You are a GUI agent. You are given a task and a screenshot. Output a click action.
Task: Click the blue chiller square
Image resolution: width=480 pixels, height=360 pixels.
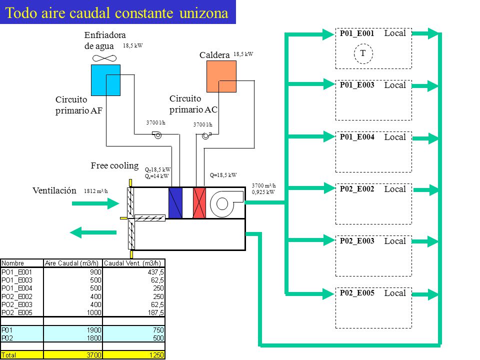[105, 80]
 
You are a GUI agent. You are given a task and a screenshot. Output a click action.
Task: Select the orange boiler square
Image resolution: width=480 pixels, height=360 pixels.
[221, 76]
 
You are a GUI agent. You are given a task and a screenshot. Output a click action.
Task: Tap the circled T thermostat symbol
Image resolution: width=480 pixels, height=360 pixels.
[363, 53]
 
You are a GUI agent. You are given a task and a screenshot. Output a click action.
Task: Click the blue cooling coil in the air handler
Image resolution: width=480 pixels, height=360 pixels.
[175, 203]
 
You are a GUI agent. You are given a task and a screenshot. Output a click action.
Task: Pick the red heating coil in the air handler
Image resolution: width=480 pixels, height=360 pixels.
[199, 203]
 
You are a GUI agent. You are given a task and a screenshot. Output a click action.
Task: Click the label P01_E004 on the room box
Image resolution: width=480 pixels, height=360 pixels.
[357, 137]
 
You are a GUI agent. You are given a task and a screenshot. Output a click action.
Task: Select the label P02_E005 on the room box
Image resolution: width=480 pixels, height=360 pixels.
[357, 293]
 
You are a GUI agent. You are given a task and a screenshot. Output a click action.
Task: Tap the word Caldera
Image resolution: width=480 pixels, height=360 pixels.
[214, 55]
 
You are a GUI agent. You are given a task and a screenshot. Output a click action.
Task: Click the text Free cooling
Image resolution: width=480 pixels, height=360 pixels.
[114, 165]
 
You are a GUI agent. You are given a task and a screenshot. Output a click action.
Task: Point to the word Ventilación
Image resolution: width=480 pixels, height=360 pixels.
[54, 190]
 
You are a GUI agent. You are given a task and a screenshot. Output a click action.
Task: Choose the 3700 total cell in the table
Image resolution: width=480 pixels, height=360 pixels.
[93, 355]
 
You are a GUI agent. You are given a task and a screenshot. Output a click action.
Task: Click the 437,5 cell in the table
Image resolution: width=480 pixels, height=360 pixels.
[156, 272]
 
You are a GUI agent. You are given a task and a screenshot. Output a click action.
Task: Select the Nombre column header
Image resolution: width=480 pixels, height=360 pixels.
[12, 263]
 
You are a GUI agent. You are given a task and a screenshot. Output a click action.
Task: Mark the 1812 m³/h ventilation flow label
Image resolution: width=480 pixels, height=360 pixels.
[96, 191]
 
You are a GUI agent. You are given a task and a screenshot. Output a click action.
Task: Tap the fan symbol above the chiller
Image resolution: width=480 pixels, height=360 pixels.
[104, 58]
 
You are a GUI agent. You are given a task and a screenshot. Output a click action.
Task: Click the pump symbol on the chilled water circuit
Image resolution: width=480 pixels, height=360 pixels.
[157, 134]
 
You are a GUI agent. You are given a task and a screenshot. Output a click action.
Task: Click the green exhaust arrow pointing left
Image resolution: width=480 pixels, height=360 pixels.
[93, 232]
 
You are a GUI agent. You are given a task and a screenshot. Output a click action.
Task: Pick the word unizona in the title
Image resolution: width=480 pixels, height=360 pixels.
[204, 13]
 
